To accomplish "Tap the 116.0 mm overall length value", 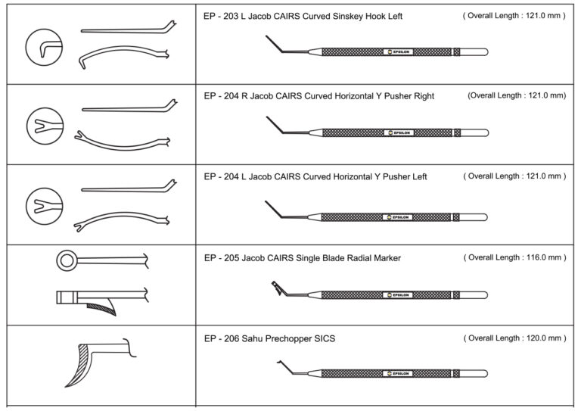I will (536, 257).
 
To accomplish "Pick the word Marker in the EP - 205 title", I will (383, 258).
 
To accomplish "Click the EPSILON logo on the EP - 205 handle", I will (399, 294).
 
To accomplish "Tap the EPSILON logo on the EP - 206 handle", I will (399, 373).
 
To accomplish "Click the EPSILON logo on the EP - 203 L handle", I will (399, 52).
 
